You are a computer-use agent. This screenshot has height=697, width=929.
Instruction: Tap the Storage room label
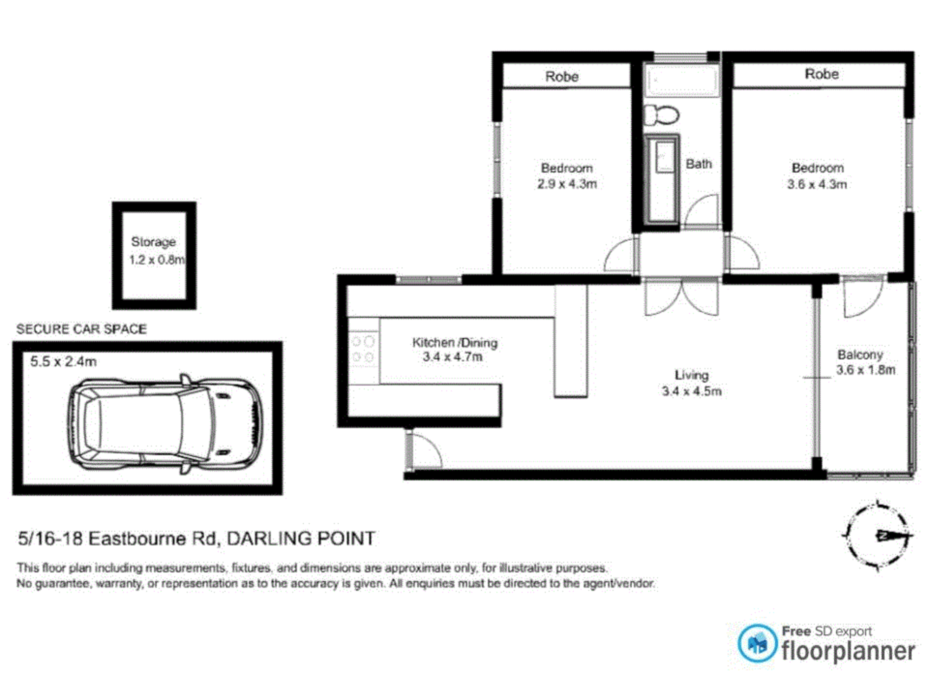(153, 242)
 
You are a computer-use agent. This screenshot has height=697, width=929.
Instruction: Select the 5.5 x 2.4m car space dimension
(64, 362)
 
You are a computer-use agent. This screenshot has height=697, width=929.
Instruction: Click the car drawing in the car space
(165, 424)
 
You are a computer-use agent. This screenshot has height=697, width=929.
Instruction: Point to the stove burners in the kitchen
(363, 349)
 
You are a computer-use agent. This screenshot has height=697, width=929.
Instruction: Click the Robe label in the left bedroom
(562, 77)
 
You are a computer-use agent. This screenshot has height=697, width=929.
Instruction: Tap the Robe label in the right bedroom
(821, 74)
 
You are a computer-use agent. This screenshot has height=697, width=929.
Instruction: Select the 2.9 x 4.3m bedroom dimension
(567, 184)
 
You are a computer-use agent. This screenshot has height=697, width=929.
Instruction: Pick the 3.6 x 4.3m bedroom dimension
(817, 184)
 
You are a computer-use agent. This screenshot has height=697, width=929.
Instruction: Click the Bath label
(699, 164)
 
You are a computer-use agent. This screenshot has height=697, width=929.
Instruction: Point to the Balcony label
(860, 355)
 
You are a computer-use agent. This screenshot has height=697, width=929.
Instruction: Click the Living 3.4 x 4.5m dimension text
(692, 391)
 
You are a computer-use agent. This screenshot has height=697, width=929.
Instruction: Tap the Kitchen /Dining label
(455, 342)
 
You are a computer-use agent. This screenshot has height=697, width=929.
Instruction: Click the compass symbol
(877, 536)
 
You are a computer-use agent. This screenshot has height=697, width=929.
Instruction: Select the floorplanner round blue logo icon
(757, 644)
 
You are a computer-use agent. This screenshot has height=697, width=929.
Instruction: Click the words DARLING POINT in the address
(301, 539)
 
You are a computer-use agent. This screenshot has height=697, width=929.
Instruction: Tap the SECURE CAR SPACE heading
(81, 329)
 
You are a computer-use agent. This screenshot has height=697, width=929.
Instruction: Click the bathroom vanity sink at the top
(682, 81)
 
